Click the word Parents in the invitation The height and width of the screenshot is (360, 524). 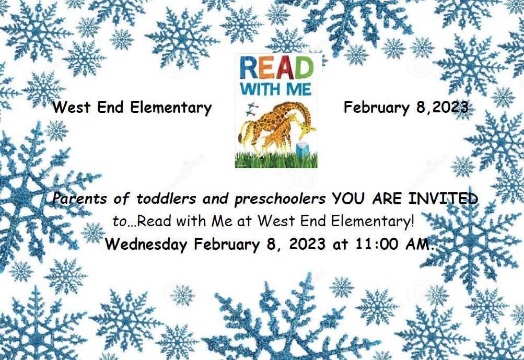(79, 199)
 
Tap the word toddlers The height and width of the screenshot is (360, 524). (166, 199)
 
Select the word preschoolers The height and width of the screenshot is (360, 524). (280, 199)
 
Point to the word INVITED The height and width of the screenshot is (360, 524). (443, 199)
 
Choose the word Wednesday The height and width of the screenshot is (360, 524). (146, 244)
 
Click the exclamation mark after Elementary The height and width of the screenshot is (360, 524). (413, 222)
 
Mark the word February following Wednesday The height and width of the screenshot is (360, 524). (227, 244)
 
